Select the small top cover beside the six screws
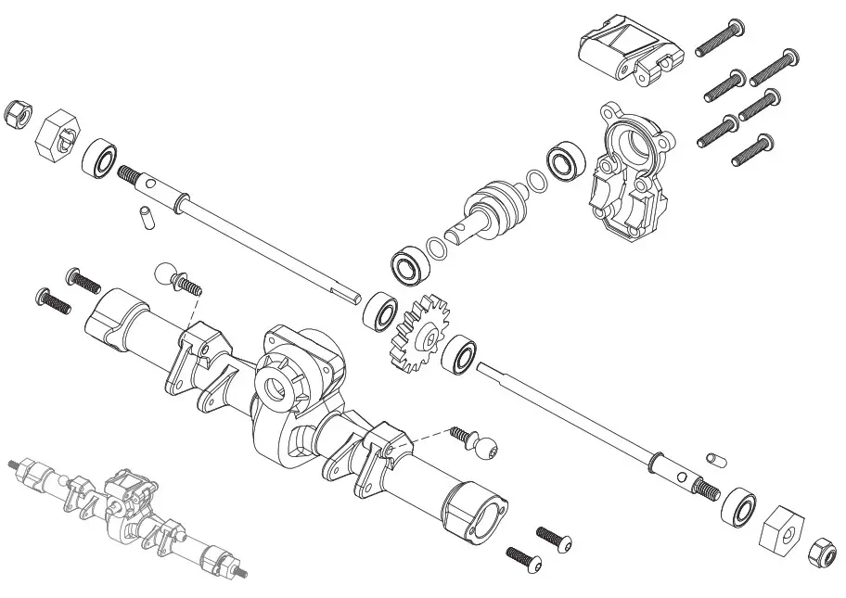[x=623, y=52]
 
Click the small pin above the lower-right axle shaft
[x=715, y=458]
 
